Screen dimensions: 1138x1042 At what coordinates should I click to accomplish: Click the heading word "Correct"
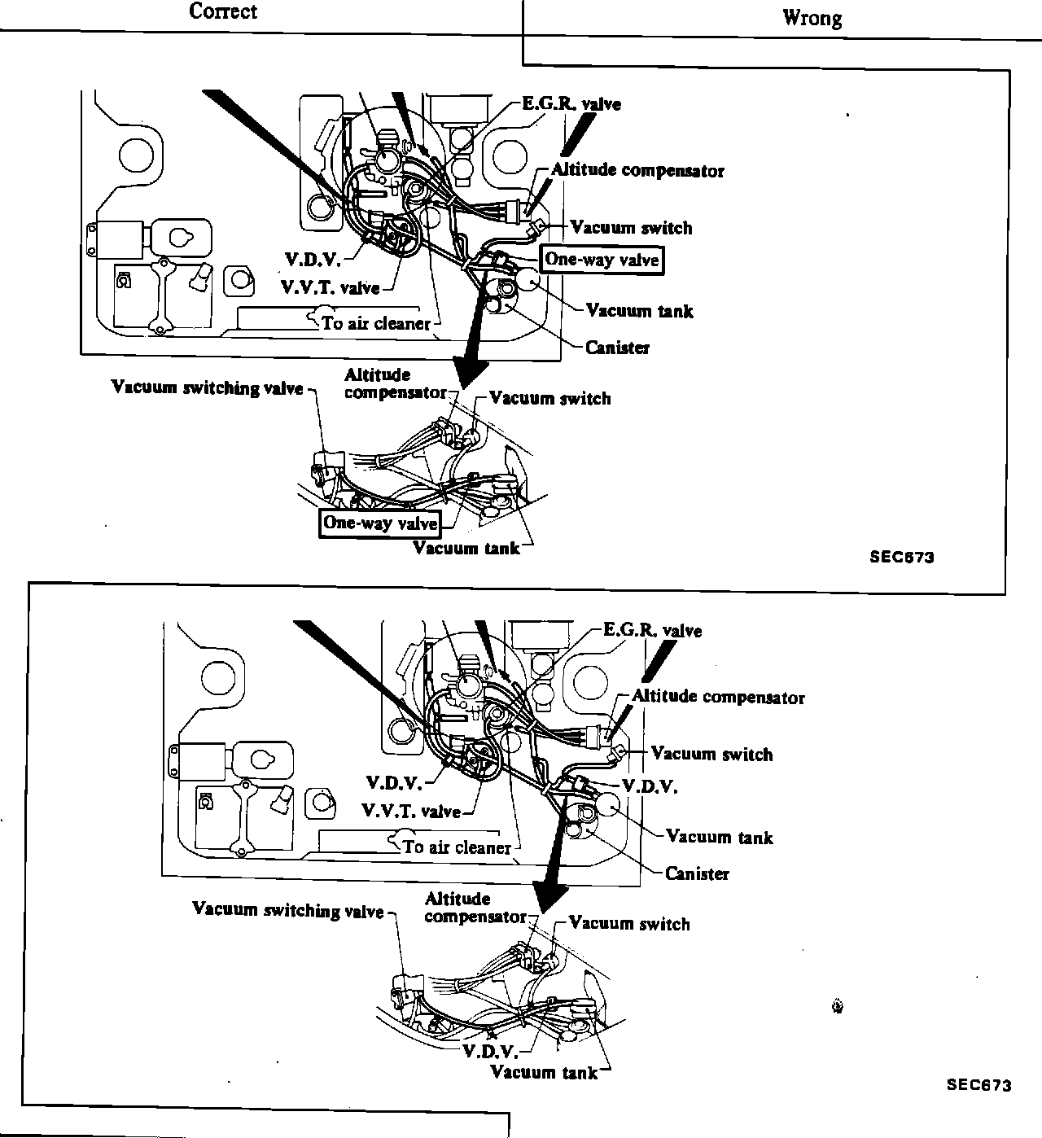(223, 11)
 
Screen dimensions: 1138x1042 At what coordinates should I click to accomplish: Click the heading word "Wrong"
(812, 18)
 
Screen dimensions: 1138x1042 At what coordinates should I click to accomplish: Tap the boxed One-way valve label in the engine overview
(602, 260)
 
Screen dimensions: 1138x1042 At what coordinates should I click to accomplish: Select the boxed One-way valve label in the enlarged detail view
(380, 523)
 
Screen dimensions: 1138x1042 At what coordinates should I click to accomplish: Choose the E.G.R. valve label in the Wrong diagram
(652, 631)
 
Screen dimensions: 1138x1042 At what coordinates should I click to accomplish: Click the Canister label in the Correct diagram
(617, 348)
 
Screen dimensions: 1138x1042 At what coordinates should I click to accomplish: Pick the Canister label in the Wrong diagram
(697, 873)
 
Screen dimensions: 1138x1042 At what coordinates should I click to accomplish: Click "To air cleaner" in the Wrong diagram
(457, 847)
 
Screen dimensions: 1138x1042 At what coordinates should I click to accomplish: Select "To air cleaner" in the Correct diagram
(375, 323)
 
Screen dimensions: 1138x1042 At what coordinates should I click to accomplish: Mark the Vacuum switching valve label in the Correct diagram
(207, 387)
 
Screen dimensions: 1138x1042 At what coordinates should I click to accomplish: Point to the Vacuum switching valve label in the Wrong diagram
(287, 910)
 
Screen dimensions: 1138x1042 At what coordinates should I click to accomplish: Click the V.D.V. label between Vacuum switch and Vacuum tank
(650, 786)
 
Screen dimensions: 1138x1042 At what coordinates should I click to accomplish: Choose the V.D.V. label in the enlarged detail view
(490, 1050)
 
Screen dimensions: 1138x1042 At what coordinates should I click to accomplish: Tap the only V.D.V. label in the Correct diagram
(313, 260)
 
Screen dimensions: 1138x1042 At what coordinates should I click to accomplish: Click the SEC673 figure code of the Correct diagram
(901, 558)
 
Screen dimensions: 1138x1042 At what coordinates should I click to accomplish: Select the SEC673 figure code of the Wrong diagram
(979, 1085)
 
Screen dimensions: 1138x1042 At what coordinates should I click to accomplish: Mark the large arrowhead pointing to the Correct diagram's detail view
(466, 373)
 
